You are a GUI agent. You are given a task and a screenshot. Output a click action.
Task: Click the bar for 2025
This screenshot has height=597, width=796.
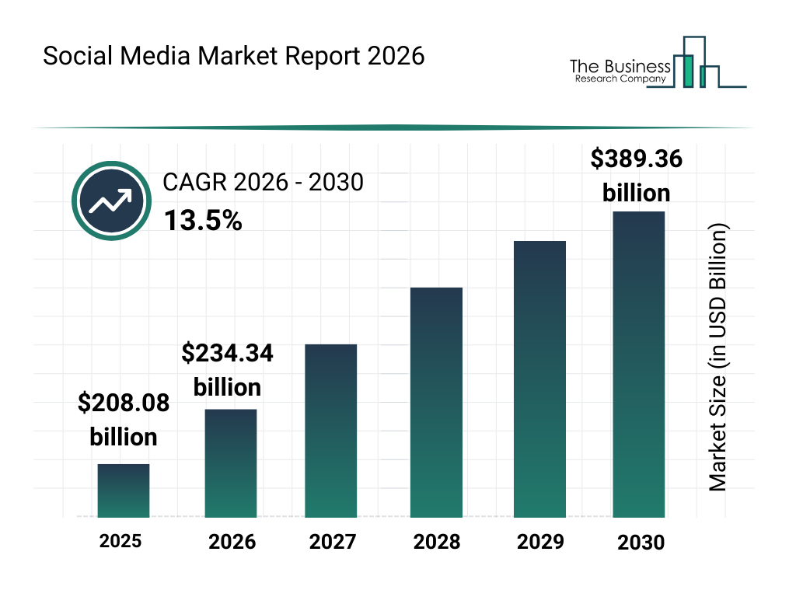[x=124, y=491]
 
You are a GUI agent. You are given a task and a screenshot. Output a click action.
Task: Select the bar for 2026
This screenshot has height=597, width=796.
[x=231, y=463]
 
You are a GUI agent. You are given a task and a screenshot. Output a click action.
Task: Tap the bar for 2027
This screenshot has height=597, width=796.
[x=331, y=431]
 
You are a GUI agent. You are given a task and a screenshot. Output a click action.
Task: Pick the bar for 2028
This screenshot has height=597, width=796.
[x=436, y=403]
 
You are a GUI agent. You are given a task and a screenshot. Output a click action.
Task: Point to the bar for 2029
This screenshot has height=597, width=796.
[x=540, y=379]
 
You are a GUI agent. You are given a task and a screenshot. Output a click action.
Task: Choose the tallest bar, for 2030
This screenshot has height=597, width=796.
[x=639, y=364]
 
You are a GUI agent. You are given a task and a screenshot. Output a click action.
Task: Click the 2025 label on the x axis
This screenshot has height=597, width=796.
[x=120, y=541]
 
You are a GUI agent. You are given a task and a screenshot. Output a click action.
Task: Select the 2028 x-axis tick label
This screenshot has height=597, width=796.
[x=436, y=542]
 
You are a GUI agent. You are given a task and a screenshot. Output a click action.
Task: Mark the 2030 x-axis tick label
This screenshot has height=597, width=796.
[x=641, y=543]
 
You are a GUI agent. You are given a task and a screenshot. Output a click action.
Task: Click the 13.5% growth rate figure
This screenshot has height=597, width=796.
[x=203, y=222]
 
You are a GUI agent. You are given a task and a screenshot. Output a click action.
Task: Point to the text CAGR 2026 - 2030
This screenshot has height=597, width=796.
[x=263, y=183]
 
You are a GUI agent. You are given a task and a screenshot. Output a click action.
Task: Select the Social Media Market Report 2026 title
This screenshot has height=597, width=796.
[x=233, y=57]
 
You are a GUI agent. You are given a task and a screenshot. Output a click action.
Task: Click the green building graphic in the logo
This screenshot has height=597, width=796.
[x=686, y=70]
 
